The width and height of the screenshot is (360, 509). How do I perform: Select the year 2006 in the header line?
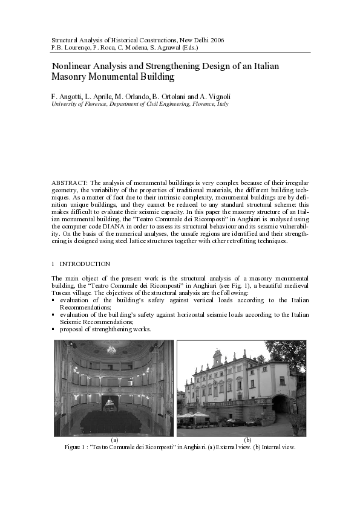coord(215,40)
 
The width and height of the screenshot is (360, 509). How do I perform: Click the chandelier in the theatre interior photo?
coord(112,349)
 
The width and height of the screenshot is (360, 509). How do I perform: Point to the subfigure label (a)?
coord(114,439)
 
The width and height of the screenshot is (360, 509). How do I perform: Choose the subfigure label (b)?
coord(247,439)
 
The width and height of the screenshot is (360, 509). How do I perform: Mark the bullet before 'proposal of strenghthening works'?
coord(54,329)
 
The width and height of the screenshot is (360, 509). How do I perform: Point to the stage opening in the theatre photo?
coord(110,403)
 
